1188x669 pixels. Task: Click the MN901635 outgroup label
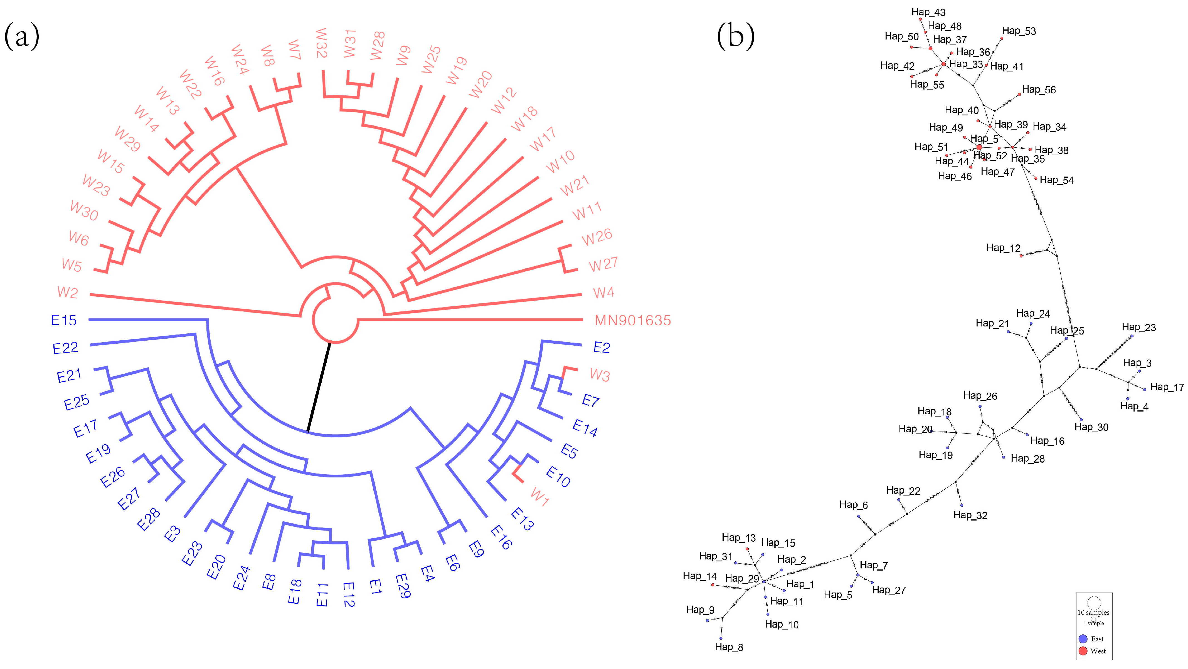point(632,320)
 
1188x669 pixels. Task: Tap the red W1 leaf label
point(539,497)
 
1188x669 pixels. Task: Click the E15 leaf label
point(64,320)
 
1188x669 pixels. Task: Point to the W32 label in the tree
point(321,43)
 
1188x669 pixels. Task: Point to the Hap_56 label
point(1039,90)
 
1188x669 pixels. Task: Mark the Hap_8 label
point(729,647)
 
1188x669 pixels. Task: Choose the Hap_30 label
point(1091,427)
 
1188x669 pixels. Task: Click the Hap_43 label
point(928,12)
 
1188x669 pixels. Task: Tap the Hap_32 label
point(970,515)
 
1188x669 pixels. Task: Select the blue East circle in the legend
point(1083,639)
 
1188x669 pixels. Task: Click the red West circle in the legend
point(1083,651)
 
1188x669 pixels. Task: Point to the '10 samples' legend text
point(1093,612)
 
